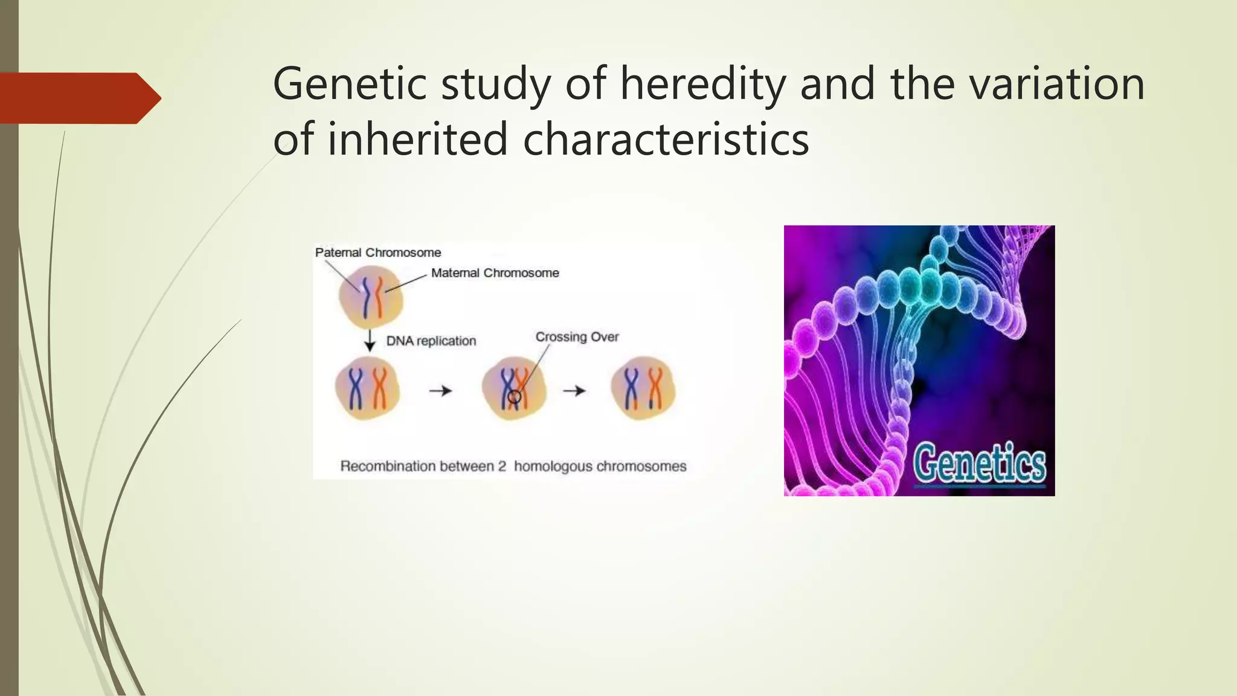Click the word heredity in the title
[x=703, y=85]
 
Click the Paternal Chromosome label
[x=378, y=253]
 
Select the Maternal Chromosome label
[x=495, y=273]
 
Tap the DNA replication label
[x=431, y=341]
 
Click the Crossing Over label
[x=577, y=337]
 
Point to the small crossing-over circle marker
[x=514, y=397]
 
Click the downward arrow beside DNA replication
[x=370, y=340]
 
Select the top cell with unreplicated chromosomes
[x=370, y=297]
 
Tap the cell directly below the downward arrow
[x=367, y=389]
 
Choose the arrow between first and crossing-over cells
[x=440, y=391]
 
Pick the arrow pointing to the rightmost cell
[x=574, y=391]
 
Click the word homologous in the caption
[x=552, y=466]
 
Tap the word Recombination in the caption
[x=387, y=466]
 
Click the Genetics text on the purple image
[x=978, y=464]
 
